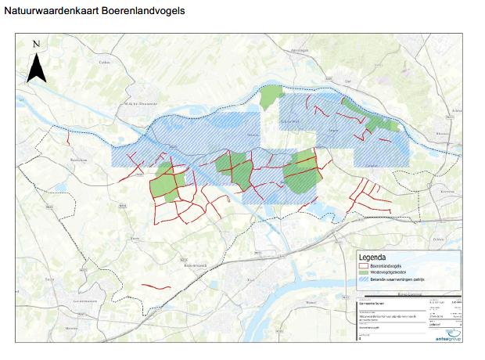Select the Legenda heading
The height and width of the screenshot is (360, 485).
tap(372, 257)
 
